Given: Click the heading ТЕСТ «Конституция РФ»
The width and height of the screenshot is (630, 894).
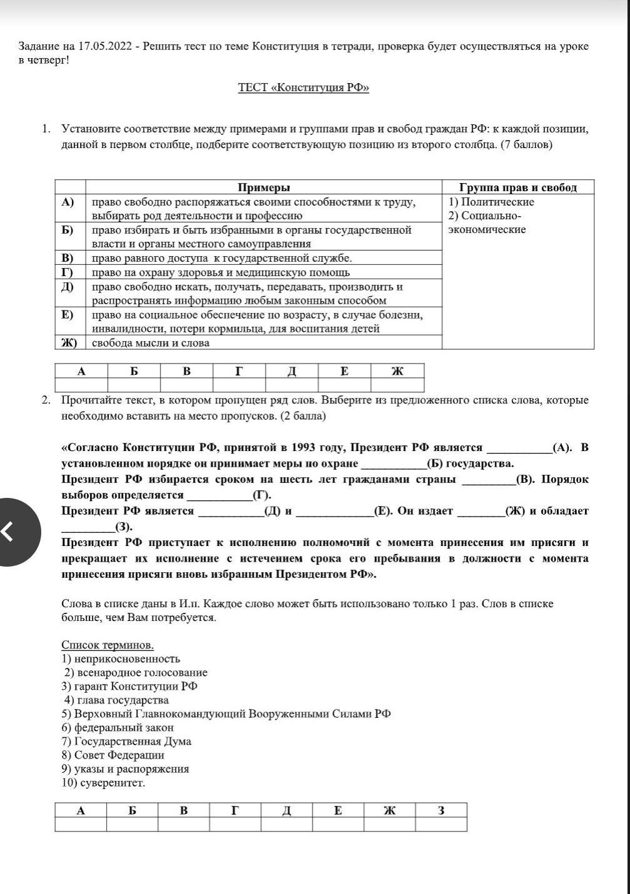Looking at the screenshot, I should pyautogui.click(x=303, y=88).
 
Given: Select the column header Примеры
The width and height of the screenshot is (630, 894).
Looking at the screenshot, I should pyautogui.click(x=264, y=187).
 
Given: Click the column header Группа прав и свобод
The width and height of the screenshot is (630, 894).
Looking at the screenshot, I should pyautogui.click(x=518, y=187).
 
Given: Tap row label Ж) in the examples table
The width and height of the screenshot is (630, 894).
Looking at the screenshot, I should pyautogui.click(x=69, y=343).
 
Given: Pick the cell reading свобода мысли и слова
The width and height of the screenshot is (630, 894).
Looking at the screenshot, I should pyautogui.click(x=151, y=343).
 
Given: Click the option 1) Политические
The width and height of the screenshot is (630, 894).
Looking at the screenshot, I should pyautogui.click(x=491, y=202).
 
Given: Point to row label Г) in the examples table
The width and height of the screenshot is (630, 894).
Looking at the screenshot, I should pyautogui.click(x=67, y=272).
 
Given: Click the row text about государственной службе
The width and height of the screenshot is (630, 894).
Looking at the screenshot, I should pyautogui.click(x=222, y=258).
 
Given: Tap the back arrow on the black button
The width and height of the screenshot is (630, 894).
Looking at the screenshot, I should pyautogui.click(x=7, y=532).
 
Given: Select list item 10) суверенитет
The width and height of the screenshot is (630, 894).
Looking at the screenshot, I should pyautogui.click(x=103, y=783).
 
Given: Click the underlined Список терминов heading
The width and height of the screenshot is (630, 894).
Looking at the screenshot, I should pyautogui.click(x=107, y=645).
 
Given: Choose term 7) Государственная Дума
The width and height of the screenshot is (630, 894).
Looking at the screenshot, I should pyautogui.click(x=126, y=742).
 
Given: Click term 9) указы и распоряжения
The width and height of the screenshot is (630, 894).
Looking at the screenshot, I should pyautogui.click(x=125, y=769).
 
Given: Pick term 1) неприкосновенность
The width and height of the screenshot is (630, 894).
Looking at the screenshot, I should pyautogui.click(x=121, y=658).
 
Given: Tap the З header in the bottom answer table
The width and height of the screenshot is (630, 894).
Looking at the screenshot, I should pyautogui.click(x=441, y=810).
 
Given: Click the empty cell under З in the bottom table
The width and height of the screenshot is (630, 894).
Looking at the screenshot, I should pyautogui.click(x=441, y=824).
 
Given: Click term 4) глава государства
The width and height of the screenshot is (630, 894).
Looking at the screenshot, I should pyautogui.click(x=116, y=700).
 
